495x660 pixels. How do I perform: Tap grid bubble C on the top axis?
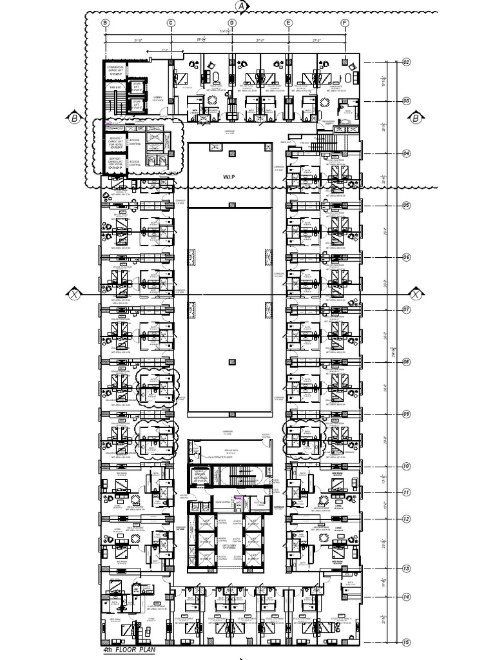171,23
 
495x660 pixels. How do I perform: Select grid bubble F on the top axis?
345,23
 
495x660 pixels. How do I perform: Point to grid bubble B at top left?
105,23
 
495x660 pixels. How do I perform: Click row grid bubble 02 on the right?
406,63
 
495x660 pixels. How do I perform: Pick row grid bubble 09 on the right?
406,414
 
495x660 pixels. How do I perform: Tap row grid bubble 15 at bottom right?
406,642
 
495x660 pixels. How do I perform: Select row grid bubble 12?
406,519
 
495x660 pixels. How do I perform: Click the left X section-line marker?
75,295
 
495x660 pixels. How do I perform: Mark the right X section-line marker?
416,295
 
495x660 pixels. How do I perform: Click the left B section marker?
74,117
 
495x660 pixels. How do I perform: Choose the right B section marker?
416,117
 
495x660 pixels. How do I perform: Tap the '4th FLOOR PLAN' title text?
129,650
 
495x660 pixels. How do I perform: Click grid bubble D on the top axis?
232,23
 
